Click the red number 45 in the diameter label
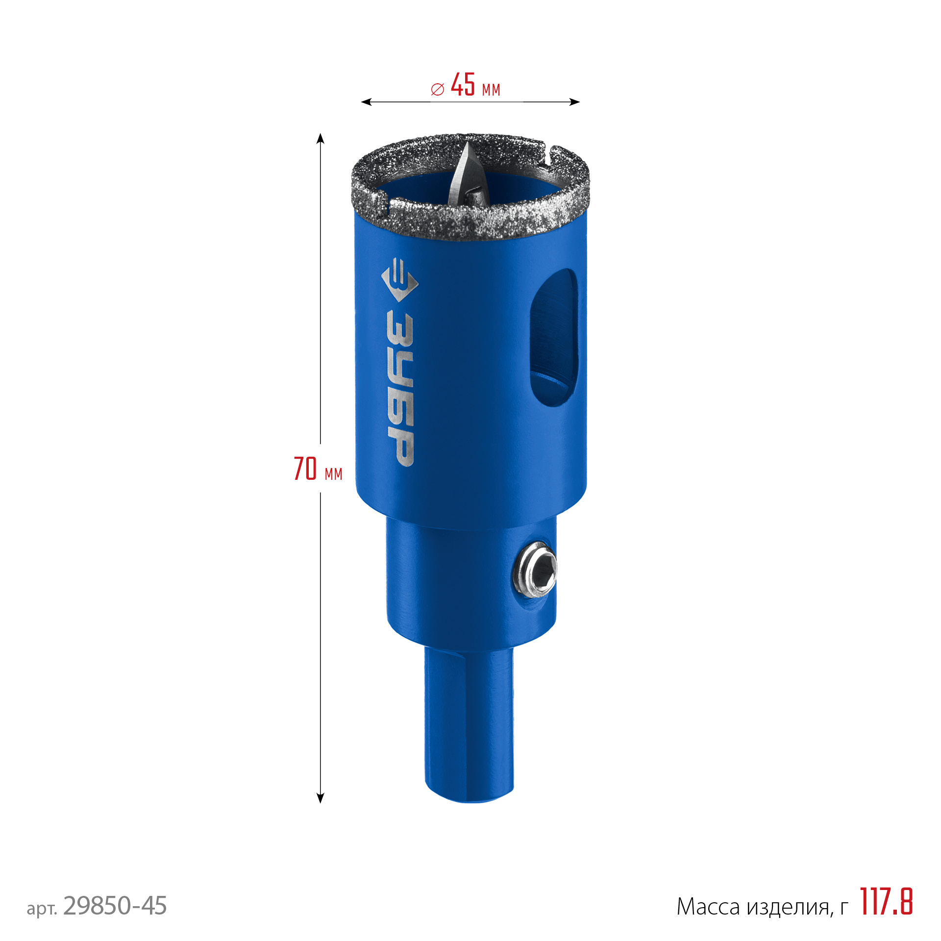[x=463, y=84]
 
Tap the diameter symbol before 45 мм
[x=438, y=89]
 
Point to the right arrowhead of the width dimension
[x=574, y=102]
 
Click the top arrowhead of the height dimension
[x=321, y=138]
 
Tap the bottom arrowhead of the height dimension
[x=321, y=798]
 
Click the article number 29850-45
[x=115, y=905]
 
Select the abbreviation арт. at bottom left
[x=42, y=908]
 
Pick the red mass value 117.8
[x=887, y=901]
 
